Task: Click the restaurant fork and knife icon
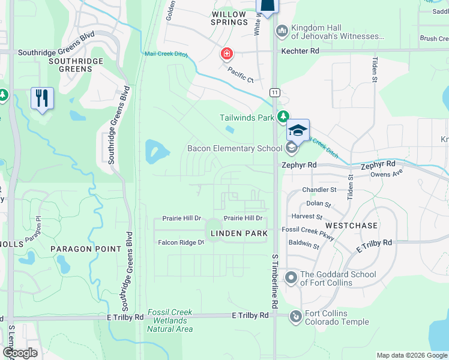coord(41,98)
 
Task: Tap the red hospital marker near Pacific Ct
coord(226,55)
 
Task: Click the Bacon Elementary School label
coord(235,148)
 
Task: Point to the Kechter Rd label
coord(300,52)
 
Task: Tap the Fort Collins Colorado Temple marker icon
coord(295,316)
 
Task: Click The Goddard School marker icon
coord(291,277)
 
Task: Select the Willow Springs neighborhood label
coord(229,18)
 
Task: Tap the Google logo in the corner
coord(20,353)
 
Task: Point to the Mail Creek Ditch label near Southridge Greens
coord(166,54)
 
